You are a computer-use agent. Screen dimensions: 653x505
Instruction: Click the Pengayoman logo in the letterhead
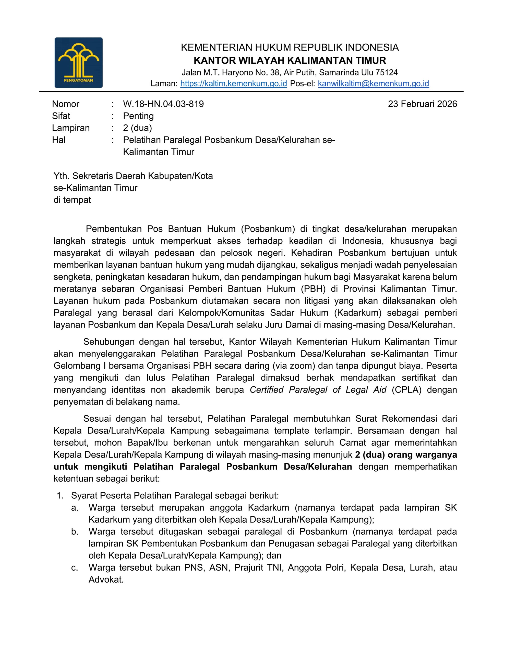(78, 62)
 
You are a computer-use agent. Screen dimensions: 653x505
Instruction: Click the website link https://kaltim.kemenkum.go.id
(234, 83)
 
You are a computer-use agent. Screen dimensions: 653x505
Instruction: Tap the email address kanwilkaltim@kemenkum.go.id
(373, 83)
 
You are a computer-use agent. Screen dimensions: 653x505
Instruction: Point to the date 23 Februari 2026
(422, 104)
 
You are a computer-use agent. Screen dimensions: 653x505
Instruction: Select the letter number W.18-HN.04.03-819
(163, 104)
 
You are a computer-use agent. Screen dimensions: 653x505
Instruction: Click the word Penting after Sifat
(138, 116)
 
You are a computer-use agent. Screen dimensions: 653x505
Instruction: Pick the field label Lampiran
(71, 128)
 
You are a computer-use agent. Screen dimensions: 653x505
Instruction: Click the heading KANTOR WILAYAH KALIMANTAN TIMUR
(290, 60)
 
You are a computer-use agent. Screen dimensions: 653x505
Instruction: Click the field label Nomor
(66, 104)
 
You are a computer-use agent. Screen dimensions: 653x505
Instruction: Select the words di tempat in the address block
(72, 200)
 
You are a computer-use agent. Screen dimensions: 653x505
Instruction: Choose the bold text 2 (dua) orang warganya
(406, 455)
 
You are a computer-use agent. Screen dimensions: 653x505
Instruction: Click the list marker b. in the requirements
(75, 532)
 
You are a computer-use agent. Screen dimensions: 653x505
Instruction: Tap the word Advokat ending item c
(106, 580)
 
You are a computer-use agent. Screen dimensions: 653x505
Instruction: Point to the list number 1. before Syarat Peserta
(60, 496)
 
